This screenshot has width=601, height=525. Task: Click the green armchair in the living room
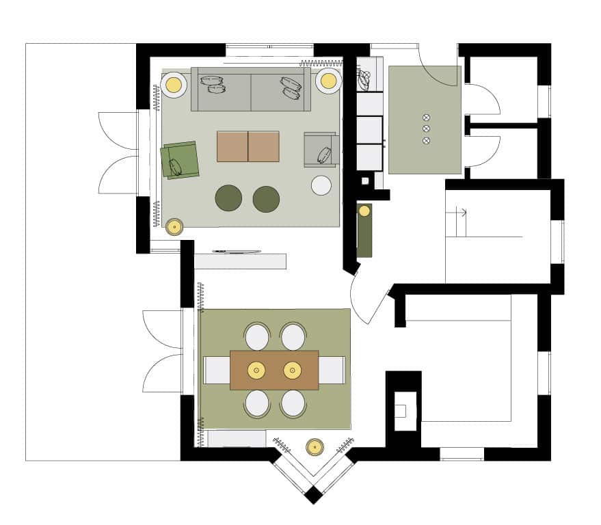coord(180,160)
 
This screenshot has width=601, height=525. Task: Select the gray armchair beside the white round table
coord(321,149)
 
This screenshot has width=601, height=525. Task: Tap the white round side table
coord(321,185)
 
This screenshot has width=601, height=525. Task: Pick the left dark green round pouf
coord(228,198)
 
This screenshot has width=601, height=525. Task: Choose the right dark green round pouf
coord(266,199)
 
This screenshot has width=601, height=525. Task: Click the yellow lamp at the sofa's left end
coord(174,85)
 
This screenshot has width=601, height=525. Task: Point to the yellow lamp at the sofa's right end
coord(329,81)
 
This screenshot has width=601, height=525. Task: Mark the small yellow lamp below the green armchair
coord(174,226)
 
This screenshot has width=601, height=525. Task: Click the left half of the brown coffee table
coord(232,146)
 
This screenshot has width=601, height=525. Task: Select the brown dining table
coord(274,370)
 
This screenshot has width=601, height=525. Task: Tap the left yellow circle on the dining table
coord(256,370)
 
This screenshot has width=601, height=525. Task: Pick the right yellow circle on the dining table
coord(292,370)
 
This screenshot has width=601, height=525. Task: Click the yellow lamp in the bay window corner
coord(315,447)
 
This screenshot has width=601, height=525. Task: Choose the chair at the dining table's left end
coord(217,370)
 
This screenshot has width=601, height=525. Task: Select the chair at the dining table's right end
coord(332,370)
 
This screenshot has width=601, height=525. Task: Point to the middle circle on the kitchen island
coord(427,129)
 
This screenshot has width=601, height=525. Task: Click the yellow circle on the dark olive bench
coord(364,211)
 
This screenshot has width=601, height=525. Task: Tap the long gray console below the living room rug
coord(240,261)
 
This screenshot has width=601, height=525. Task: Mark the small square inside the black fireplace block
coord(400,411)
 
